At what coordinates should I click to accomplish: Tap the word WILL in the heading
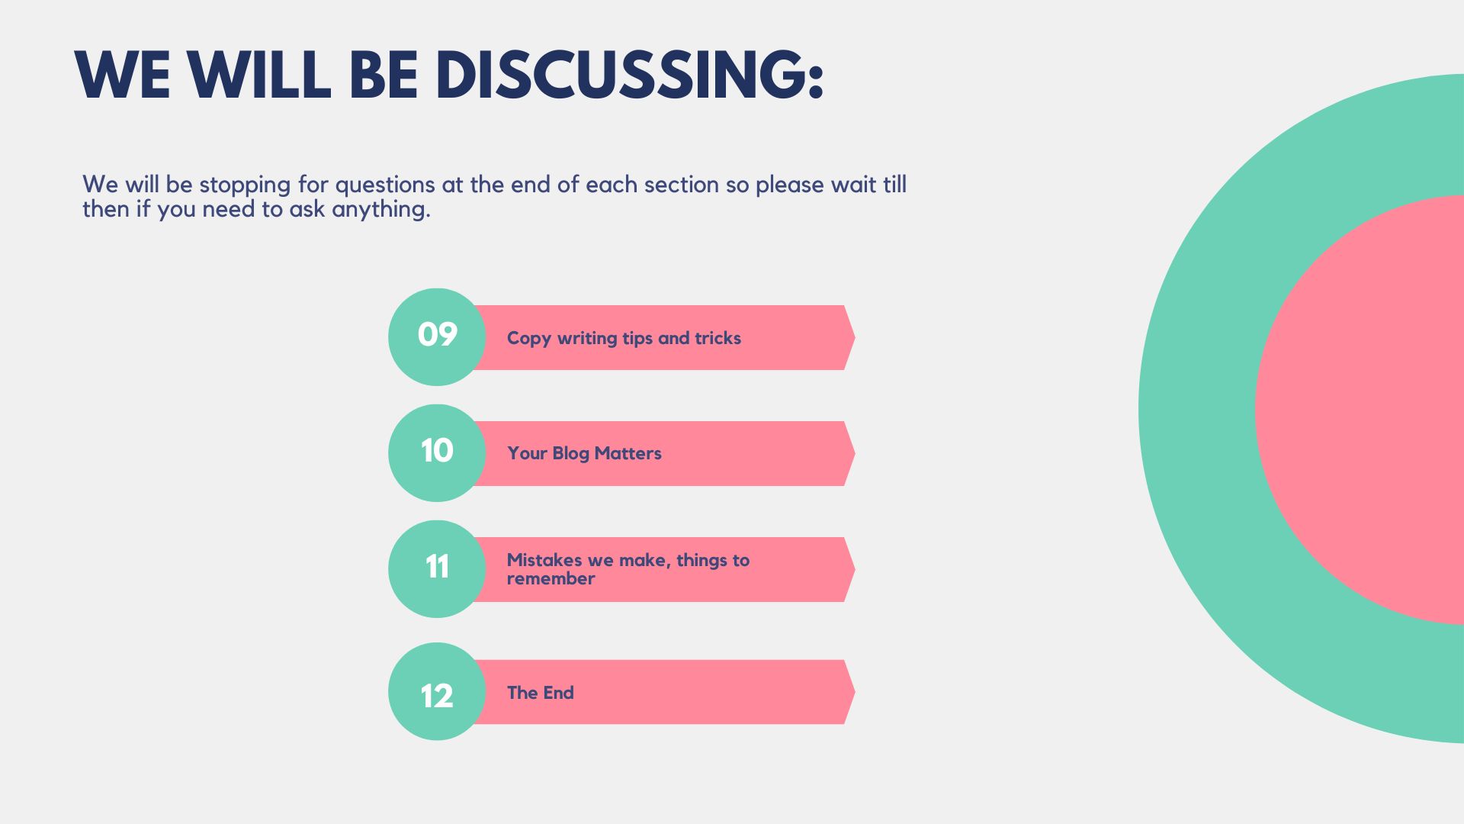pos(259,75)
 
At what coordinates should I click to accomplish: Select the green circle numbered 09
pos(437,336)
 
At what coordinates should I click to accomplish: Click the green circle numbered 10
pos(437,453)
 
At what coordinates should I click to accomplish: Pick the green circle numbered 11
pos(437,569)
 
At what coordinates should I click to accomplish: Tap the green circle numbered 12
pos(437,691)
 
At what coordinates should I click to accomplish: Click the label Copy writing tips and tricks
pos(624,338)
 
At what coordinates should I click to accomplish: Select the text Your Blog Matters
pos(584,453)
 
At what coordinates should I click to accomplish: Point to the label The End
pos(540,693)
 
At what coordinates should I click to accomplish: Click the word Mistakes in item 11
pos(544,560)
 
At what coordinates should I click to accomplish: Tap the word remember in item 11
pos(551,578)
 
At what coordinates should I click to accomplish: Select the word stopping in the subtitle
pos(245,185)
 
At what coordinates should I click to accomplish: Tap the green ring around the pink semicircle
pos(1197,410)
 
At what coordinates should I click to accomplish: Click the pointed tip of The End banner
pos(855,692)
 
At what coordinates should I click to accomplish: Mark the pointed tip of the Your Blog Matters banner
pos(855,453)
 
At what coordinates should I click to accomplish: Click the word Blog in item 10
pos(570,454)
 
